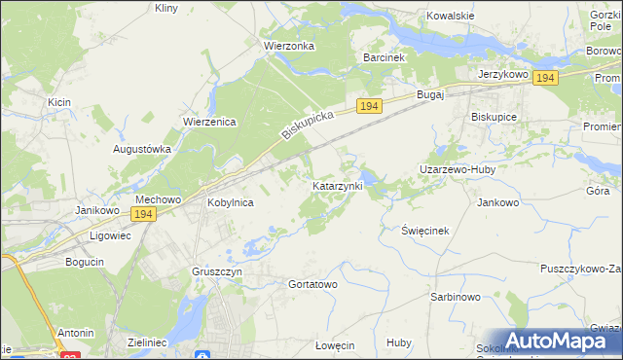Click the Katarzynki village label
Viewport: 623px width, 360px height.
pos(337,185)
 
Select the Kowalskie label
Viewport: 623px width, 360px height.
pos(451,17)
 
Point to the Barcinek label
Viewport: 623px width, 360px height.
pos(384,58)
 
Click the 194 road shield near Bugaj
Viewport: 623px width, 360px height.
pos(367,105)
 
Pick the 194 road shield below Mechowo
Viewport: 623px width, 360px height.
pos(143,213)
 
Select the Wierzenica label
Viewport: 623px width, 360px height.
pos(210,122)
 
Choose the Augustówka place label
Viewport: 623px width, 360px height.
pos(142,150)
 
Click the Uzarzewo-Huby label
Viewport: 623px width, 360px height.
pos(458,169)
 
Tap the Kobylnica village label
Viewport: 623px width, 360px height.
pos(231,203)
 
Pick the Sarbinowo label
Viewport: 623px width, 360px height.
pos(456,297)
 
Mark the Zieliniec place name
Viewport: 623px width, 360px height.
pos(149,342)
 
